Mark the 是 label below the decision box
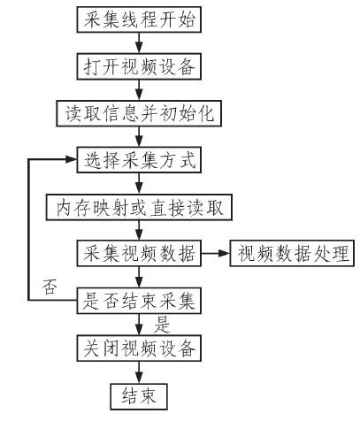pos(162,324)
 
